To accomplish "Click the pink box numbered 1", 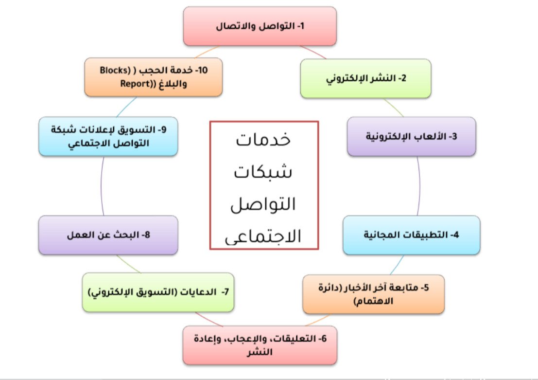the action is (260, 26).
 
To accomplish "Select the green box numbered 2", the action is (366, 78).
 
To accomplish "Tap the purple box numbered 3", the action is (411, 136).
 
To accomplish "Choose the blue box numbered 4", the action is (411, 235).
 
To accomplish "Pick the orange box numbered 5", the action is (373, 294).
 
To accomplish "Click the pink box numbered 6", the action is (260, 345).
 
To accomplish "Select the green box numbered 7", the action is (158, 292).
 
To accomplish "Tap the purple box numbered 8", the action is (108, 235).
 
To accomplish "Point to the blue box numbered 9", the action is (108, 136).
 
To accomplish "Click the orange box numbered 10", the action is (154, 77).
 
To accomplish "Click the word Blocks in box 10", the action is (115, 71).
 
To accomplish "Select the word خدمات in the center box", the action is (263, 139).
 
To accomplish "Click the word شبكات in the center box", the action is (263, 171).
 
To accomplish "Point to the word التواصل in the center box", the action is (263, 203).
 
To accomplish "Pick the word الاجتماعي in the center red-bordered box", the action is (263, 236).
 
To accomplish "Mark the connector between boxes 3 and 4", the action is (419, 186).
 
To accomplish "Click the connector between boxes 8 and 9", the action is (101, 186).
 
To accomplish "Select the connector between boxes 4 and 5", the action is (397, 265).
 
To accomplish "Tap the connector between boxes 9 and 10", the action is (126, 107).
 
